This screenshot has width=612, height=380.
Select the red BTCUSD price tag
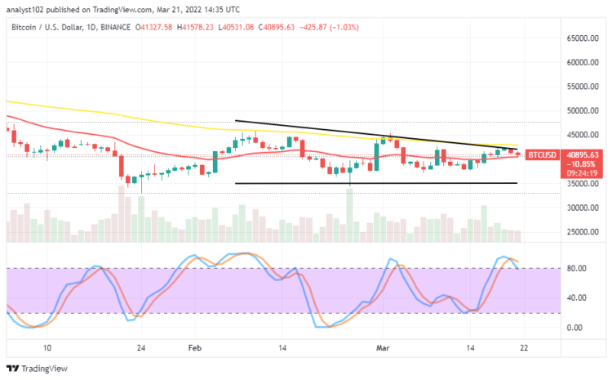(x=541, y=154)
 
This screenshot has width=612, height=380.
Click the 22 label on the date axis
(x=524, y=347)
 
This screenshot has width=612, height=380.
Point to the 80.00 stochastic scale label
(x=578, y=268)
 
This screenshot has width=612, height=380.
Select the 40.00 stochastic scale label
(x=578, y=297)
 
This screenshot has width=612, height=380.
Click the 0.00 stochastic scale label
(x=576, y=328)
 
